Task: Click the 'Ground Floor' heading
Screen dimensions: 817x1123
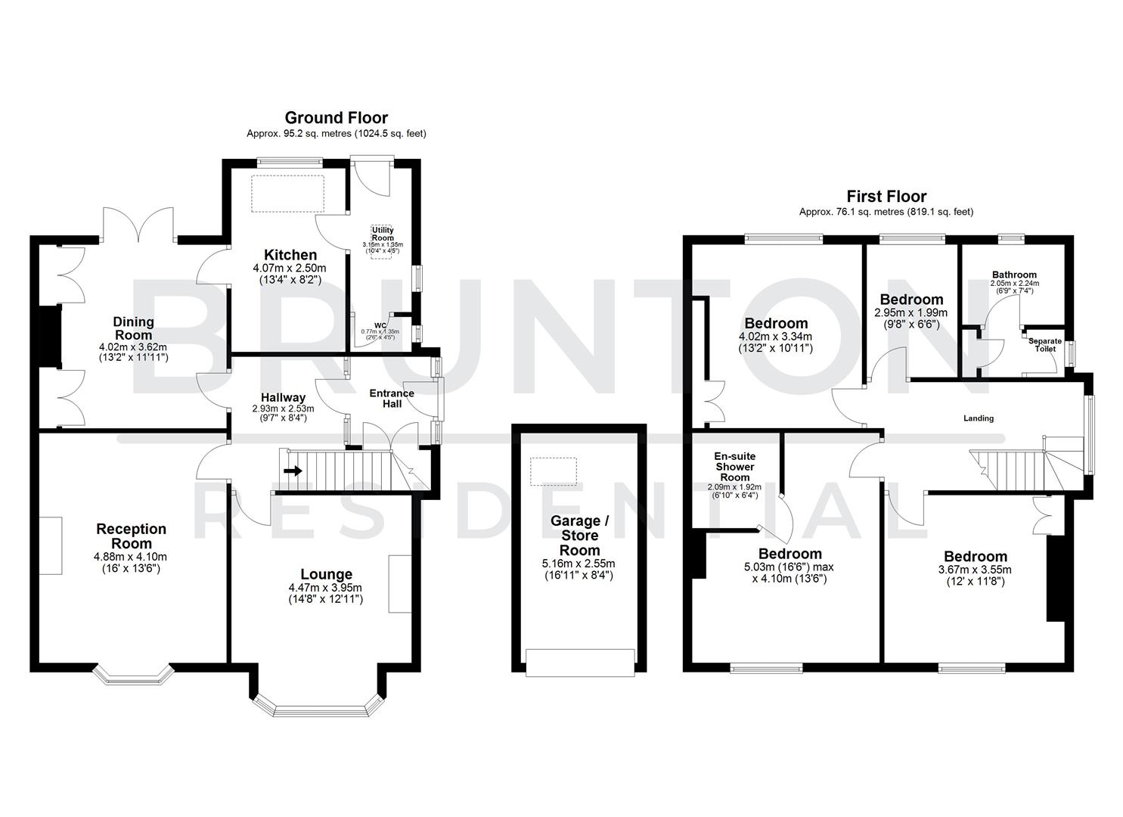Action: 336,118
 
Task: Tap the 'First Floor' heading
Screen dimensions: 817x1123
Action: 886,197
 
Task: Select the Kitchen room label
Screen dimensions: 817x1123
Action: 290,255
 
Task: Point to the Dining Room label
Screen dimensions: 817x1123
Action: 133,328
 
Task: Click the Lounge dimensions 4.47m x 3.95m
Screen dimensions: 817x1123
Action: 325,588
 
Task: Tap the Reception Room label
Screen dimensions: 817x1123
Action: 132,536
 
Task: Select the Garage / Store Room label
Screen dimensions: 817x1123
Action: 579,535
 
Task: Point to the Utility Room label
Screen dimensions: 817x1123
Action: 383,233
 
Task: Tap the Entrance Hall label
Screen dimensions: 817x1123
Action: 391,398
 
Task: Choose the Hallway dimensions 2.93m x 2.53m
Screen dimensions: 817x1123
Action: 283,408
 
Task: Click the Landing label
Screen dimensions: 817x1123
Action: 978,418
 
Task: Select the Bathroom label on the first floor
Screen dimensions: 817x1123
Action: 1014,275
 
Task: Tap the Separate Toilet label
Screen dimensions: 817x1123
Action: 1044,345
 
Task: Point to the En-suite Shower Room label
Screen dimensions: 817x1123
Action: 735,467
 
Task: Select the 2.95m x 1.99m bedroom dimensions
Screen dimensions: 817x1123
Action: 910,312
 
